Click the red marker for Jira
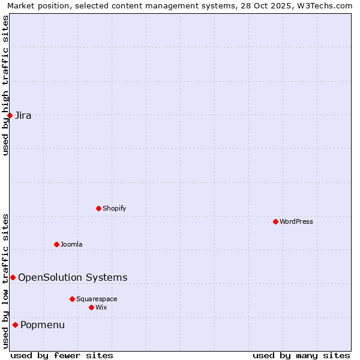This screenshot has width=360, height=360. (10, 115)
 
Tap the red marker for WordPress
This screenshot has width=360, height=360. (275, 221)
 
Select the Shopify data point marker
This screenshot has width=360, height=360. (98, 208)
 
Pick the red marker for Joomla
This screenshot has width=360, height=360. (56, 244)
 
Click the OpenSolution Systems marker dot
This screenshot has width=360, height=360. (13, 277)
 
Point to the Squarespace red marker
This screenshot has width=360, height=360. (72, 299)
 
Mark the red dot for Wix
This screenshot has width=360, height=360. (91, 307)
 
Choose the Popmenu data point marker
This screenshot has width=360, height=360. (15, 325)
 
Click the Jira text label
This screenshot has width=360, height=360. (23, 116)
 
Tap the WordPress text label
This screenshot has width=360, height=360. (296, 221)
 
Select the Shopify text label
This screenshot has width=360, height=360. (114, 208)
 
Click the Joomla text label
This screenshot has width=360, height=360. (71, 244)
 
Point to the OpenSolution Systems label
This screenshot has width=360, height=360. (73, 277)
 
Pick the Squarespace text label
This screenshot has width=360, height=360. (97, 299)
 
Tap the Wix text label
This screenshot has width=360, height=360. (101, 307)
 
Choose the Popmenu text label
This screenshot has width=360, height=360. (43, 325)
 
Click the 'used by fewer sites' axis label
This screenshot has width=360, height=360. (62, 355)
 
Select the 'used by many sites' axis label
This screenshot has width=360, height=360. (301, 355)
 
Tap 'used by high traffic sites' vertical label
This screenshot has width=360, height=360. (5, 85)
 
